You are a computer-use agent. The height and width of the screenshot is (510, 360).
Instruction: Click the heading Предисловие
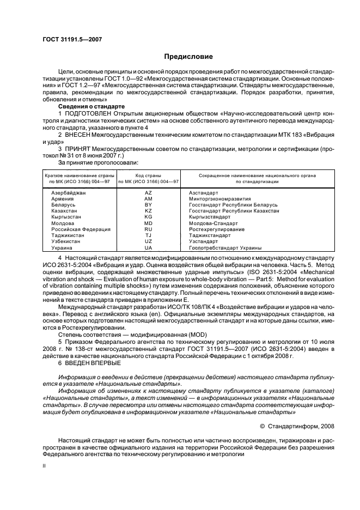pos(188,57)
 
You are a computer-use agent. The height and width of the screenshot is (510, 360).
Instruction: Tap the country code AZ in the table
pos(148,193)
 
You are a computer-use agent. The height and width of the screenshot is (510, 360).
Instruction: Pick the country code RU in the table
pos(148,229)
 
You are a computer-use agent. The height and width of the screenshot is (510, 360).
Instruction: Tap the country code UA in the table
pos(148,247)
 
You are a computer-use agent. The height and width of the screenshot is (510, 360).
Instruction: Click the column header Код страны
pos(148,175)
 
